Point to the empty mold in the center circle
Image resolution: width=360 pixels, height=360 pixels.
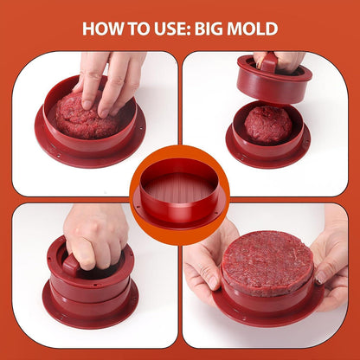(179, 194)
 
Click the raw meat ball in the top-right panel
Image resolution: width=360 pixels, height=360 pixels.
(268, 125)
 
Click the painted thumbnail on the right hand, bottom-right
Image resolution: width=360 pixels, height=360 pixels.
(321, 278)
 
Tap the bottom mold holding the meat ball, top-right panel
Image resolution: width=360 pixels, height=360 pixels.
(268, 136)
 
